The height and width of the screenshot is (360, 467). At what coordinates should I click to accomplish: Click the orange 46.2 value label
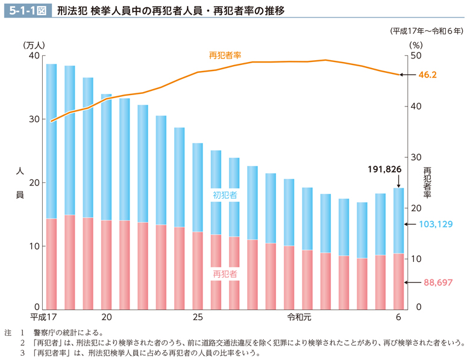(427, 75)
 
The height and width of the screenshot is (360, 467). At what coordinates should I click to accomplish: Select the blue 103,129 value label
(436, 224)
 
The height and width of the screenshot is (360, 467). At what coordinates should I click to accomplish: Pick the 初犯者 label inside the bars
(225, 195)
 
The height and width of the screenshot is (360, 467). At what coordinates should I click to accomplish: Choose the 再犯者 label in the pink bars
(225, 273)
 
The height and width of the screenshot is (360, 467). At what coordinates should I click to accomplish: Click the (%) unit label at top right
(415, 45)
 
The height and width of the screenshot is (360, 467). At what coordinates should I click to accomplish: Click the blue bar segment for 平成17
(51, 141)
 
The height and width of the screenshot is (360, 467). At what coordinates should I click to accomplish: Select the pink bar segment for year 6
(398, 281)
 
